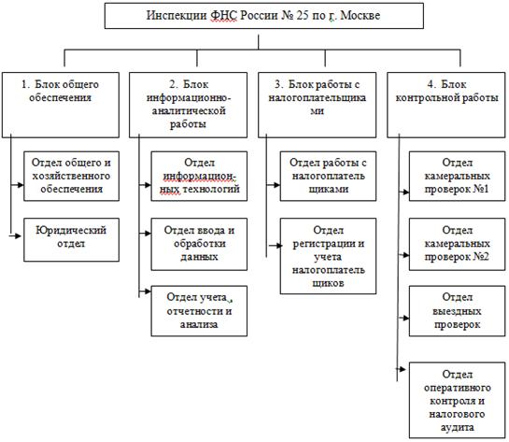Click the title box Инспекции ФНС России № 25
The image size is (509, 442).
(264, 16)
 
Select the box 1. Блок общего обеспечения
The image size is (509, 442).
(61, 105)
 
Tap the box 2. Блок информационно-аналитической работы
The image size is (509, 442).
(188, 105)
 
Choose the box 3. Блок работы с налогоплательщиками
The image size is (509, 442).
(318, 105)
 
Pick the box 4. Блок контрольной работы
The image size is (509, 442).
(446, 105)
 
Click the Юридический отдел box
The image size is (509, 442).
(71, 239)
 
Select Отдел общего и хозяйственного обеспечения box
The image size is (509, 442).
(71, 176)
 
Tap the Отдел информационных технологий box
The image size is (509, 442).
(199, 176)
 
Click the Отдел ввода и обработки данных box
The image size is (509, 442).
(199, 244)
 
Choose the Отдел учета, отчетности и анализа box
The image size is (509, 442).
(199, 311)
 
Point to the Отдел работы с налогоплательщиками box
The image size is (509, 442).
(328, 176)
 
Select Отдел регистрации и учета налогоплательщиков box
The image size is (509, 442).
(328, 256)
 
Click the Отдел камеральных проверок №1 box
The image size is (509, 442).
(457, 176)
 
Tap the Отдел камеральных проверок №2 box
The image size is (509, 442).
(457, 244)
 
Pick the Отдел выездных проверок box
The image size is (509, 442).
(457, 311)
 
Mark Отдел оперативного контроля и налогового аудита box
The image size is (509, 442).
(457, 401)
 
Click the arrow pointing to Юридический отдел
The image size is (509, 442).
(15, 235)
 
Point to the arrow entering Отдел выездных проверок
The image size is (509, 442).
(403, 318)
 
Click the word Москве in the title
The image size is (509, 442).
(361, 15)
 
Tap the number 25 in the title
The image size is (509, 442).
(303, 15)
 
